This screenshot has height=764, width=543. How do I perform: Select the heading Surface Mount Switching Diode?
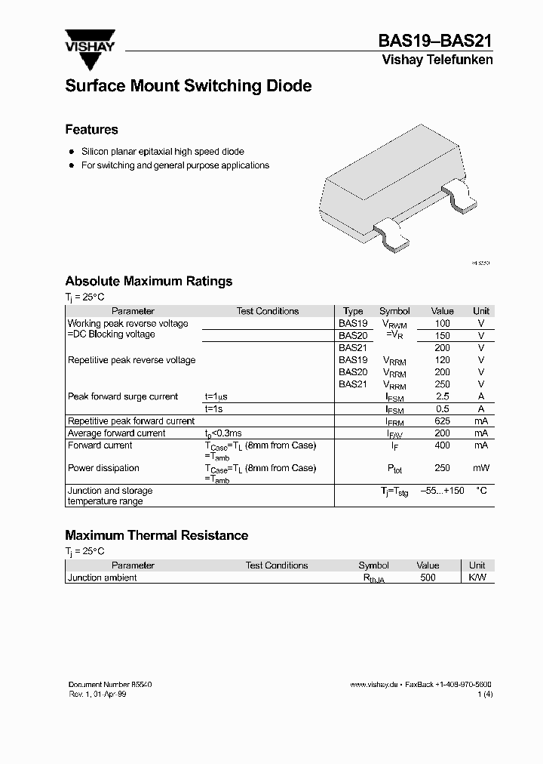pos(188,86)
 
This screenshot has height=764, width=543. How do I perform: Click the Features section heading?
pos(91,129)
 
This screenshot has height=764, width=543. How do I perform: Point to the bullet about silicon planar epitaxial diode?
pos(162,152)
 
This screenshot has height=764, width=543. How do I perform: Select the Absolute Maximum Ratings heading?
pos(149,281)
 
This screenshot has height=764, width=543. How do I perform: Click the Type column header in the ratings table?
pos(353,311)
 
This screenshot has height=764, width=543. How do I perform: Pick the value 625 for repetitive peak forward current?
pos(442,421)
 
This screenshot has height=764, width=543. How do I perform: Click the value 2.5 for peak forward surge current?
pos(442,396)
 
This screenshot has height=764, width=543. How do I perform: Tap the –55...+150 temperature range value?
pos(442,491)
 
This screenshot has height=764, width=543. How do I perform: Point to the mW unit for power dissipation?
pos(480,468)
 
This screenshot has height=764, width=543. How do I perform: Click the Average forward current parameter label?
pos(117,433)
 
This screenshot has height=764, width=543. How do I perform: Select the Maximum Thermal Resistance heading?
pos(156,535)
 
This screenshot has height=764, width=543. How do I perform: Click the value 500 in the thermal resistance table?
pos(428,578)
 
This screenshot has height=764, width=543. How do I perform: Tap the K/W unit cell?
pos(477,578)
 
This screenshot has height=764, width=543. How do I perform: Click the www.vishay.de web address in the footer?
pos(373,684)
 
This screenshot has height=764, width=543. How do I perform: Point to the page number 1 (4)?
pos(486,693)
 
